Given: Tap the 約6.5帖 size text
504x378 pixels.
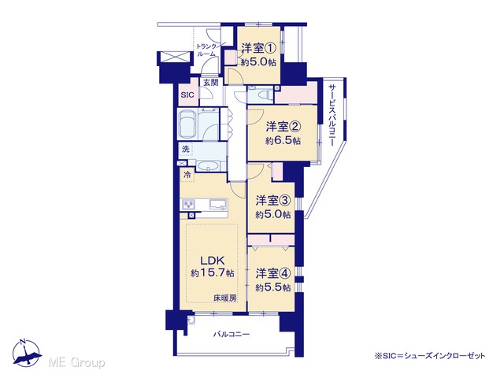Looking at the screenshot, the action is coord(283,140).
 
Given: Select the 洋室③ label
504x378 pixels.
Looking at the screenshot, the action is coord(273,201).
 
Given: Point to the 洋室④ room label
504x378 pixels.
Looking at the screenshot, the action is coord(273,273).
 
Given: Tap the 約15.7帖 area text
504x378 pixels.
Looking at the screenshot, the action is coord(212,273).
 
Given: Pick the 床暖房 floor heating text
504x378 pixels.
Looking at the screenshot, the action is coord(225,298).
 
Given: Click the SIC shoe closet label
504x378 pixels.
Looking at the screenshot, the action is coord(187,95).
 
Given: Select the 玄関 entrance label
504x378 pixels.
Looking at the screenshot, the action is coord(210,82).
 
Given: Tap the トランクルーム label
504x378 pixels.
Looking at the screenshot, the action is coord(207,50).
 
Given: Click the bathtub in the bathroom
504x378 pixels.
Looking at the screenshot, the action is coord(187,124).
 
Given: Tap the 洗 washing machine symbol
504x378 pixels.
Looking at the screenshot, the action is coord(186,149).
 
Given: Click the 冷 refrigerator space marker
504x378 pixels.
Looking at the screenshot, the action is coord(187,175).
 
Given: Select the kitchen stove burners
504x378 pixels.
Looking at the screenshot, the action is coord(189,205).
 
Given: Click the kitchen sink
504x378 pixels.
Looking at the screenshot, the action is coord(219,204).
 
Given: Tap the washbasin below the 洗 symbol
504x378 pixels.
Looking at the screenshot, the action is coord(208,166).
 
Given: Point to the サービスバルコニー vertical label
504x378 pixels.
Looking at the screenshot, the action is coord(332,116).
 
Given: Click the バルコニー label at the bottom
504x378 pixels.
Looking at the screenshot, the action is coord(232,335).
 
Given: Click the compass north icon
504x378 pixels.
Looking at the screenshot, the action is coord(27,353).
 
